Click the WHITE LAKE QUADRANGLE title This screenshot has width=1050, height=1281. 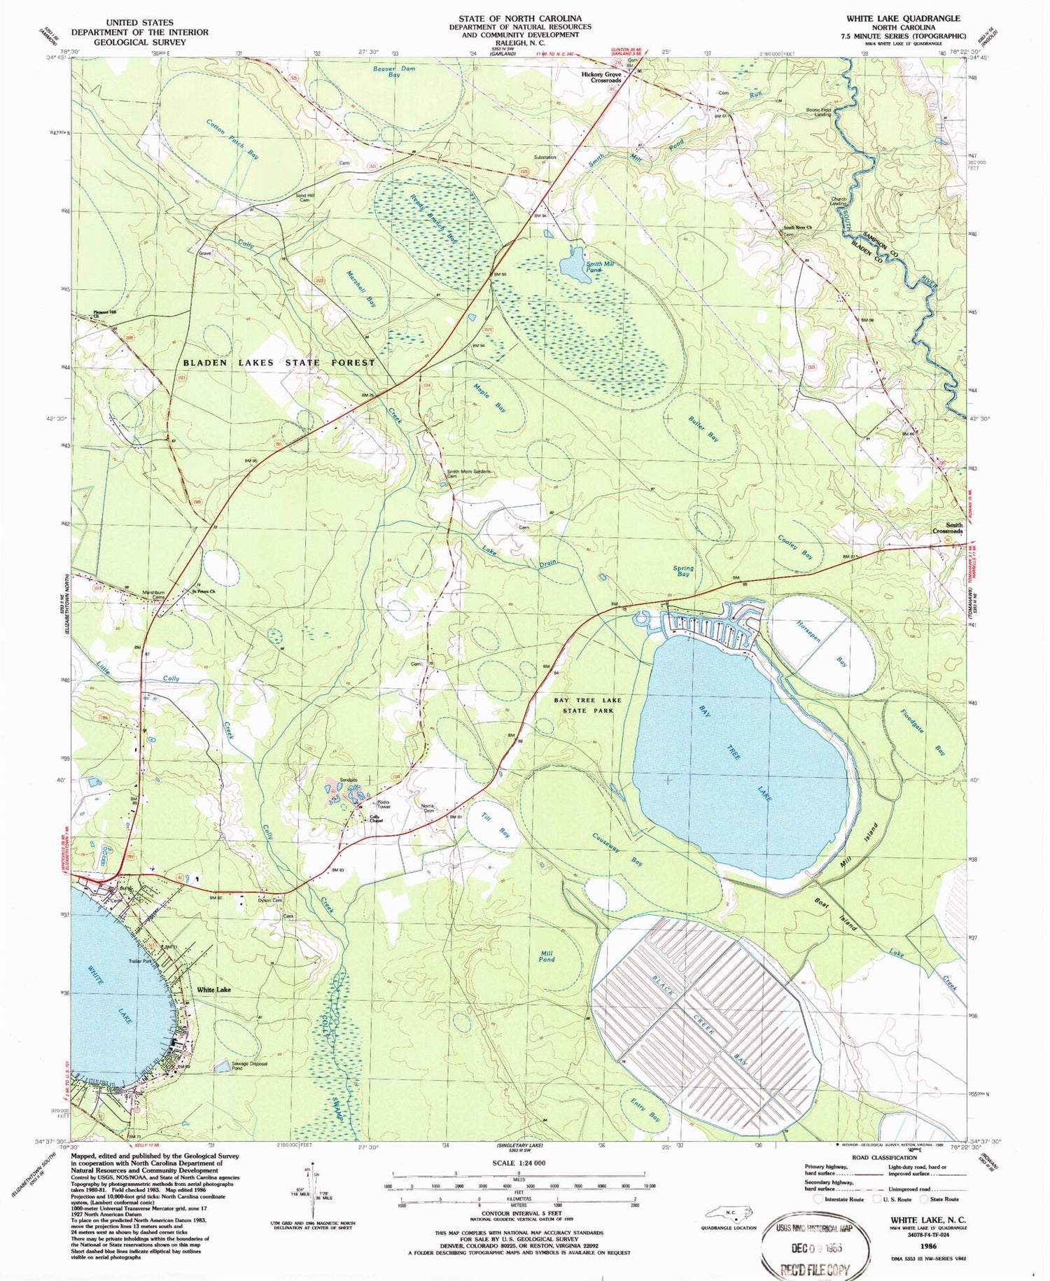903,18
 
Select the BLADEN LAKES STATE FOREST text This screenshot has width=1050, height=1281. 279,363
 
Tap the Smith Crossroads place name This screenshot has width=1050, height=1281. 946,528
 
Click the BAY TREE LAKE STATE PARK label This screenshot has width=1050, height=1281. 587,705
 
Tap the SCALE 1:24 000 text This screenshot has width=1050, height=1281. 518,1163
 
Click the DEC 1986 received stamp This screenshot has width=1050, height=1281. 816,1247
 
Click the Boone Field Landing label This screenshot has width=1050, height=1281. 818,111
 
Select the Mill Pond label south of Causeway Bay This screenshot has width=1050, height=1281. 546,956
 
